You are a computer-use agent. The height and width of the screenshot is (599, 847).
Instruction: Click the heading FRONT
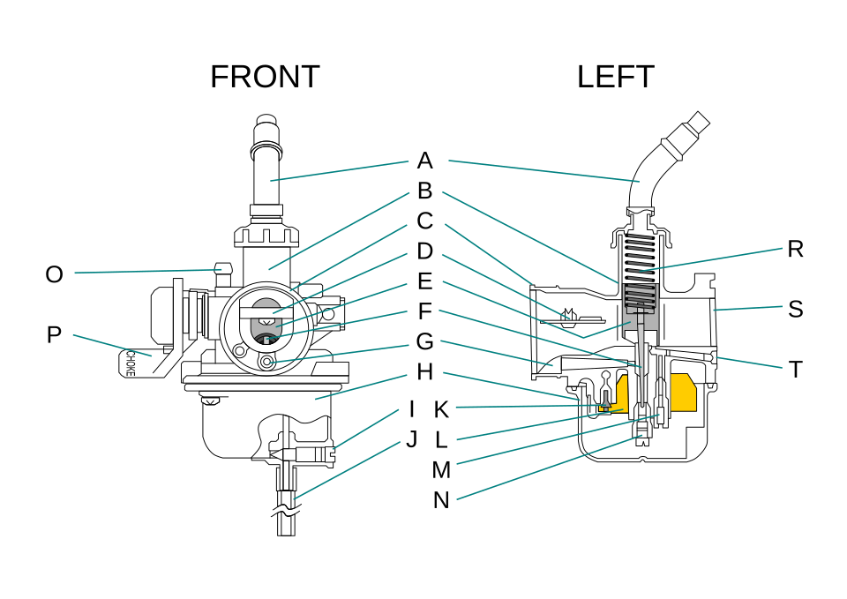(265, 77)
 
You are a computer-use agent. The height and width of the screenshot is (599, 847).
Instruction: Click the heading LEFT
(616, 77)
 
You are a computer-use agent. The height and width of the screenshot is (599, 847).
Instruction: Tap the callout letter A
(425, 161)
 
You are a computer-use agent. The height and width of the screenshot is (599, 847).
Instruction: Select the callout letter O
(54, 275)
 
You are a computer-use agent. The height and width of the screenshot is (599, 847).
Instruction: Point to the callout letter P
(54, 335)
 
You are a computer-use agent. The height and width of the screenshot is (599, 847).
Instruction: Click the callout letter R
(795, 249)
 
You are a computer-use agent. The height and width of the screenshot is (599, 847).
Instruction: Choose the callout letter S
(795, 310)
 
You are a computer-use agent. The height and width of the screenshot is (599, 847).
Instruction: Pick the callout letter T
(795, 370)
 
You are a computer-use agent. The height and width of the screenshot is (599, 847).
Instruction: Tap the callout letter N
(441, 501)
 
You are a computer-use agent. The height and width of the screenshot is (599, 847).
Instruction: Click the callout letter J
(412, 439)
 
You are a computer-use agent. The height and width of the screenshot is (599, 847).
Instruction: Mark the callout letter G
(425, 342)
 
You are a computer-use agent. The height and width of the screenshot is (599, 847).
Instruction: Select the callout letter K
(441, 410)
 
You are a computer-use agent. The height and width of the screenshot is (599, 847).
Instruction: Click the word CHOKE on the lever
(131, 363)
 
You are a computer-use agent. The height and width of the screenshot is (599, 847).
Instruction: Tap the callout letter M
(441, 470)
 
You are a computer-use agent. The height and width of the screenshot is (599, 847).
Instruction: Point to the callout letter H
(425, 372)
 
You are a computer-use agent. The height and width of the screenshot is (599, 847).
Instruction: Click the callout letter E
(425, 281)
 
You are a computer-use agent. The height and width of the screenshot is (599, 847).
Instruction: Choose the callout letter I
(412, 409)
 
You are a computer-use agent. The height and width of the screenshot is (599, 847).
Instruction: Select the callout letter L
(441, 440)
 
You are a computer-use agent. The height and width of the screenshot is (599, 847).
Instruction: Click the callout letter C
(425, 221)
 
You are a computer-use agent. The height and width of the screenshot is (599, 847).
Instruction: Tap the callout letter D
(425, 251)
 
